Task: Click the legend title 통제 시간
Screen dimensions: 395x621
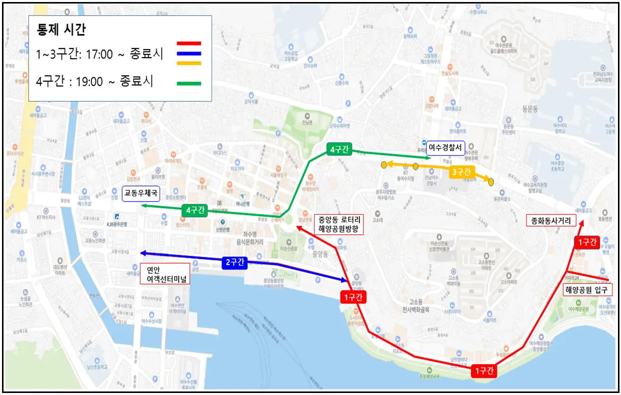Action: click(61, 29)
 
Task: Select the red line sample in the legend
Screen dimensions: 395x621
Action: click(189, 44)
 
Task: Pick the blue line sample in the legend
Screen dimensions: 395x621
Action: click(189, 54)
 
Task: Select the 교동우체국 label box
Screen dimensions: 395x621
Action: click(141, 193)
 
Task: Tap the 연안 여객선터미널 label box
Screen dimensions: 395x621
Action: click(164, 274)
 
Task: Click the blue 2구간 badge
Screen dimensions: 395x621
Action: click(234, 262)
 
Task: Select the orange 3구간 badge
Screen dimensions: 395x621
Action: click(461, 172)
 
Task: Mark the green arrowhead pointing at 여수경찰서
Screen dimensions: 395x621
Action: click(428, 158)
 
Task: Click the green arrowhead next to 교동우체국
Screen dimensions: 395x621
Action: click(144, 206)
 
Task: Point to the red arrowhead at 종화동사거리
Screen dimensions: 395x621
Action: click(584, 223)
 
